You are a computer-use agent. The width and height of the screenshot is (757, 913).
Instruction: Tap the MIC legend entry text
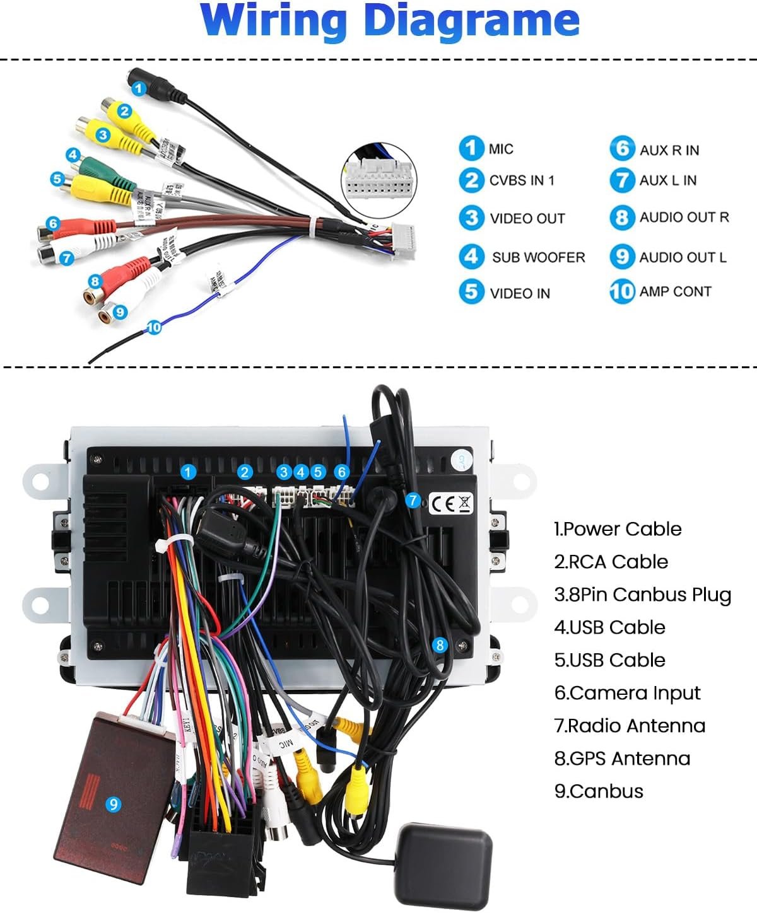(x=501, y=149)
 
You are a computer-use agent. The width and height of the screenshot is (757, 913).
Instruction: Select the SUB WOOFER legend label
(x=538, y=257)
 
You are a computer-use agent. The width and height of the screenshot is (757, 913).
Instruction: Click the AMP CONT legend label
(x=675, y=291)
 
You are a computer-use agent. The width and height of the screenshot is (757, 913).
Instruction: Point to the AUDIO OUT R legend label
(x=684, y=218)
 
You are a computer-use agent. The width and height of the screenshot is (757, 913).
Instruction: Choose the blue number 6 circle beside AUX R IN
(x=622, y=149)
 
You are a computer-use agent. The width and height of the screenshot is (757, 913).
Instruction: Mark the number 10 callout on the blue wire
(x=154, y=327)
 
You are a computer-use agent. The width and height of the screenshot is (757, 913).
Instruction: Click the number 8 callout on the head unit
(x=440, y=644)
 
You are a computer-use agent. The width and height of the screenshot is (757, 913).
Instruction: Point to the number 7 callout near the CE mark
(x=413, y=501)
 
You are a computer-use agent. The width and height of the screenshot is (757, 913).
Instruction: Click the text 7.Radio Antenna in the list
(x=630, y=726)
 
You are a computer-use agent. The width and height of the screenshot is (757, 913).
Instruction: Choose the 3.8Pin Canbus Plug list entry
(x=642, y=595)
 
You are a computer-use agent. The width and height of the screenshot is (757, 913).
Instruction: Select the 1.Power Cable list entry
(x=618, y=529)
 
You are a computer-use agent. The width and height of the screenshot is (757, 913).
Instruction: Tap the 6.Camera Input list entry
(x=627, y=693)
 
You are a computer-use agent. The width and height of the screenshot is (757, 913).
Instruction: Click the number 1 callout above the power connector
(x=188, y=472)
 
